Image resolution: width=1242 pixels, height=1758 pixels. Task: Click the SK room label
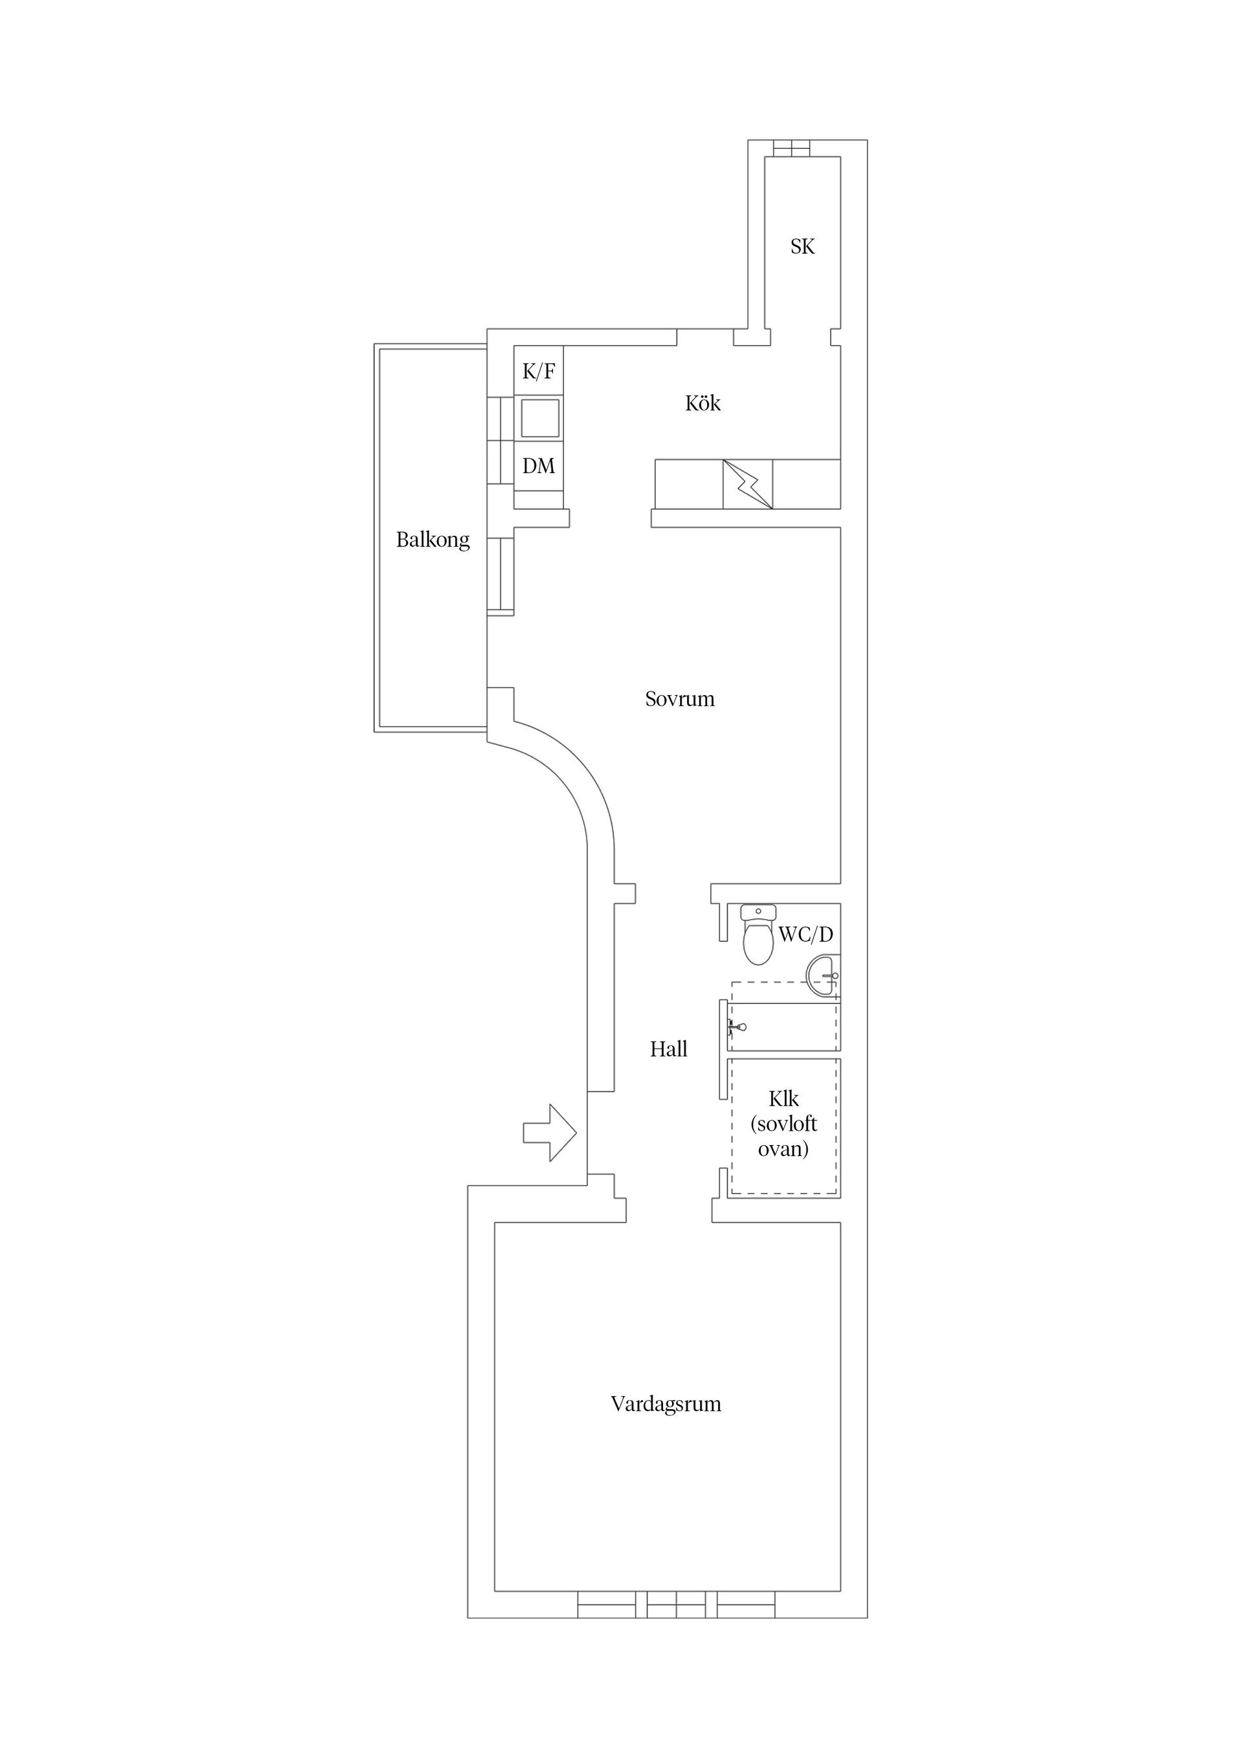(x=802, y=247)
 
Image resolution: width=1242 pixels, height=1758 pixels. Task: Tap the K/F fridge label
(x=539, y=372)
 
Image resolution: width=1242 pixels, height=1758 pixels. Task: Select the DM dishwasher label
(x=539, y=465)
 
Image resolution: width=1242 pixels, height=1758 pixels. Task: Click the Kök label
(x=703, y=403)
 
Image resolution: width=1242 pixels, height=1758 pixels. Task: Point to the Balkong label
(x=433, y=540)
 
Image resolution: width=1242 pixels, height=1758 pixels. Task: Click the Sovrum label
(x=679, y=698)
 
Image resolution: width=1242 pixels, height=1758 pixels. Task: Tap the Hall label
(x=669, y=1049)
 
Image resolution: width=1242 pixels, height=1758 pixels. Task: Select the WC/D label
(x=806, y=934)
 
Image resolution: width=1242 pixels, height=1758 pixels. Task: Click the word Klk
(x=783, y=1099)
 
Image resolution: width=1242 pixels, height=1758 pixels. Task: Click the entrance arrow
(x=549, y=1133)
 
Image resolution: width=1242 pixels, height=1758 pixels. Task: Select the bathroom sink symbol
(x=823, y=976)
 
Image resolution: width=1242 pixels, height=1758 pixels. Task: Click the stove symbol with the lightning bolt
(x=748, y=484)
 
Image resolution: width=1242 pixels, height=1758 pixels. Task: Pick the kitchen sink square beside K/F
(x=539, y=418)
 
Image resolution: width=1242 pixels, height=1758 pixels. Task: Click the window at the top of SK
(x=790, y=148)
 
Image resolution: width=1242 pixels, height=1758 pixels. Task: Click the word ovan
(x=783, y=1148)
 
